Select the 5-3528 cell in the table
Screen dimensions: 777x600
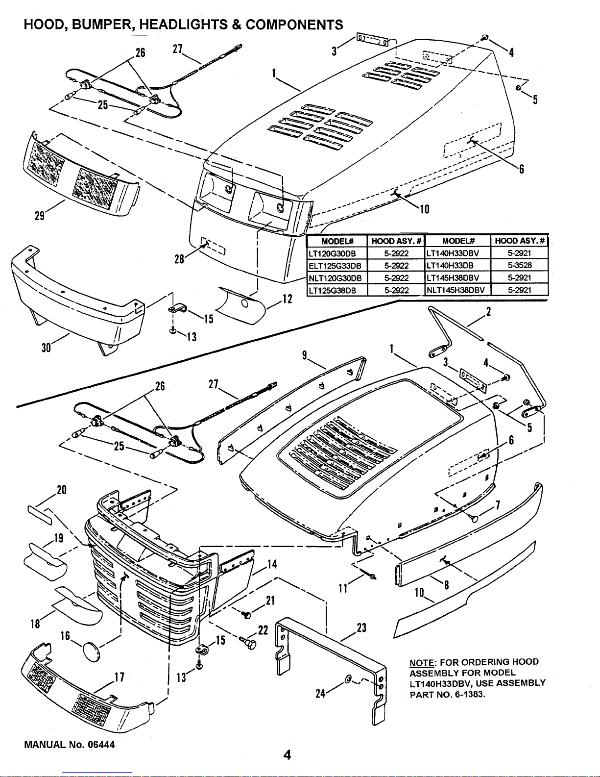(x=519, y=265)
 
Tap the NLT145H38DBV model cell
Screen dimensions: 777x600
(x=456, y=290)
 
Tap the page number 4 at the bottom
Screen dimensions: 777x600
(x=288, y=755)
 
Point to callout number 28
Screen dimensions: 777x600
(x=180, y=259)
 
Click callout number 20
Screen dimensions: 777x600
(x=62, y=490)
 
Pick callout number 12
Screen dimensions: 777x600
(x=287, y=299)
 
